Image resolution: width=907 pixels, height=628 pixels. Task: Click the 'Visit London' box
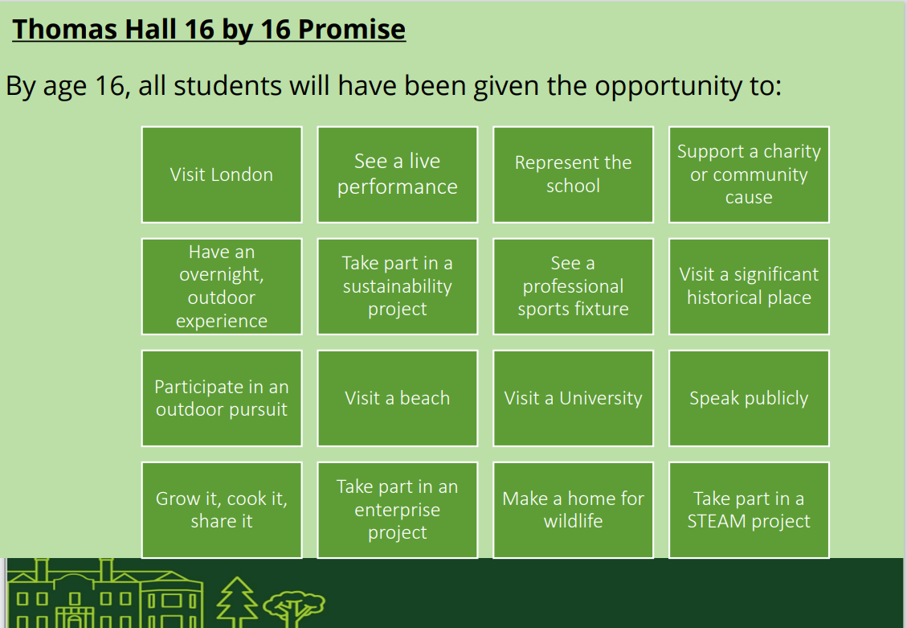(x=222, y=174)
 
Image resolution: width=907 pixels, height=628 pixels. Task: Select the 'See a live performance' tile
(x=398, y=174)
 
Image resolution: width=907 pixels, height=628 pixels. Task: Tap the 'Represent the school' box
(x=574, y=174)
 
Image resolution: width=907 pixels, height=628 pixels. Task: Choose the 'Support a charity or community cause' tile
(x=749, y=174)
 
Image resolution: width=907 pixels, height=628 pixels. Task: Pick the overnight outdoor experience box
(x=222, y=286)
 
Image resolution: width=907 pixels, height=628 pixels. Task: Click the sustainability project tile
(x=398, y=286)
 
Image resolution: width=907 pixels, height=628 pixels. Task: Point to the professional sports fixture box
(x=574, y=286)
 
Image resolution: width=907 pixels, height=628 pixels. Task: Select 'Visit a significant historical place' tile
(x=749, y=286)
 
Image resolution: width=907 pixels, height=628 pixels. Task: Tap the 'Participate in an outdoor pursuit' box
(x=222, y=398)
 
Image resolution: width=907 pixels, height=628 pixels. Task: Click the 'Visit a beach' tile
(x=398, y=398)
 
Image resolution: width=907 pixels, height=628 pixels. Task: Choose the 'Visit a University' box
(x=574, y=398)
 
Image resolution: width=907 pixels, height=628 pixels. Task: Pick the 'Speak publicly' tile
(x=749, y=398)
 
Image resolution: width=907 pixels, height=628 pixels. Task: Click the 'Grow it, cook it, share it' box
(x=222, y=510)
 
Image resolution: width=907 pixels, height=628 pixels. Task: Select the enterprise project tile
(x=398, y=510)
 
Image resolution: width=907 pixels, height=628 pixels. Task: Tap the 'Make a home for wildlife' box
(x=574, y=510)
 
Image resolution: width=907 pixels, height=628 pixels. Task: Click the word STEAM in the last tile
(x=716, y=522)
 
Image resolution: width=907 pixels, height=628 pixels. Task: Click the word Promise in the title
(x=352, y=30)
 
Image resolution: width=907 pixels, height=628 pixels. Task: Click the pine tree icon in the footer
(x=236, y=602)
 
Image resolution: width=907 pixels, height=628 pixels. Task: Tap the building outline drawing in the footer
(x=104, y=594)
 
